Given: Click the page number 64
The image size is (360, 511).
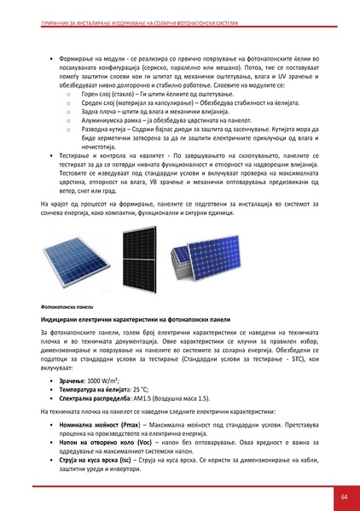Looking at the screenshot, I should point(343,496).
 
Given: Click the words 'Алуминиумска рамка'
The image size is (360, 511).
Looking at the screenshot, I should point(104,121).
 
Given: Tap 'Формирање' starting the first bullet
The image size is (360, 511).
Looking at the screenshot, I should point(75,38).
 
